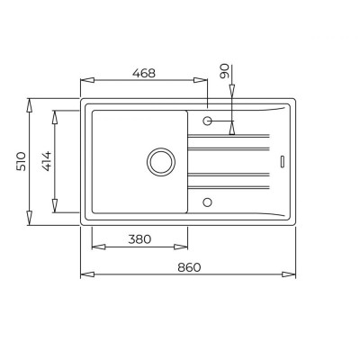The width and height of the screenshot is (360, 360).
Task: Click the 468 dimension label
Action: click(144, 73)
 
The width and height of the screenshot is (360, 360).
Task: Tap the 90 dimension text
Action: click(224, 71)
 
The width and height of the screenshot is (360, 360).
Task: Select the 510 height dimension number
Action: click(21, 161)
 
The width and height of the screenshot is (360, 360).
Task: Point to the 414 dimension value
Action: click(46, 161)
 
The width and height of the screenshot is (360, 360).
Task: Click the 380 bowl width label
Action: click(139, 239)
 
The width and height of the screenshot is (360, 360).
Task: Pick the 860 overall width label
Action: click(189, 267)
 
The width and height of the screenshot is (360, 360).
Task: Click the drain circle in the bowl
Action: click(161, 162)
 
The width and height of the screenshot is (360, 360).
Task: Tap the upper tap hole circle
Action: click(207, 121)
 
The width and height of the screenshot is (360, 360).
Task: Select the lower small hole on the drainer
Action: click(207, 202)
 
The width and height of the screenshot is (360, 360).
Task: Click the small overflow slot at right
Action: click(283, 161)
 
